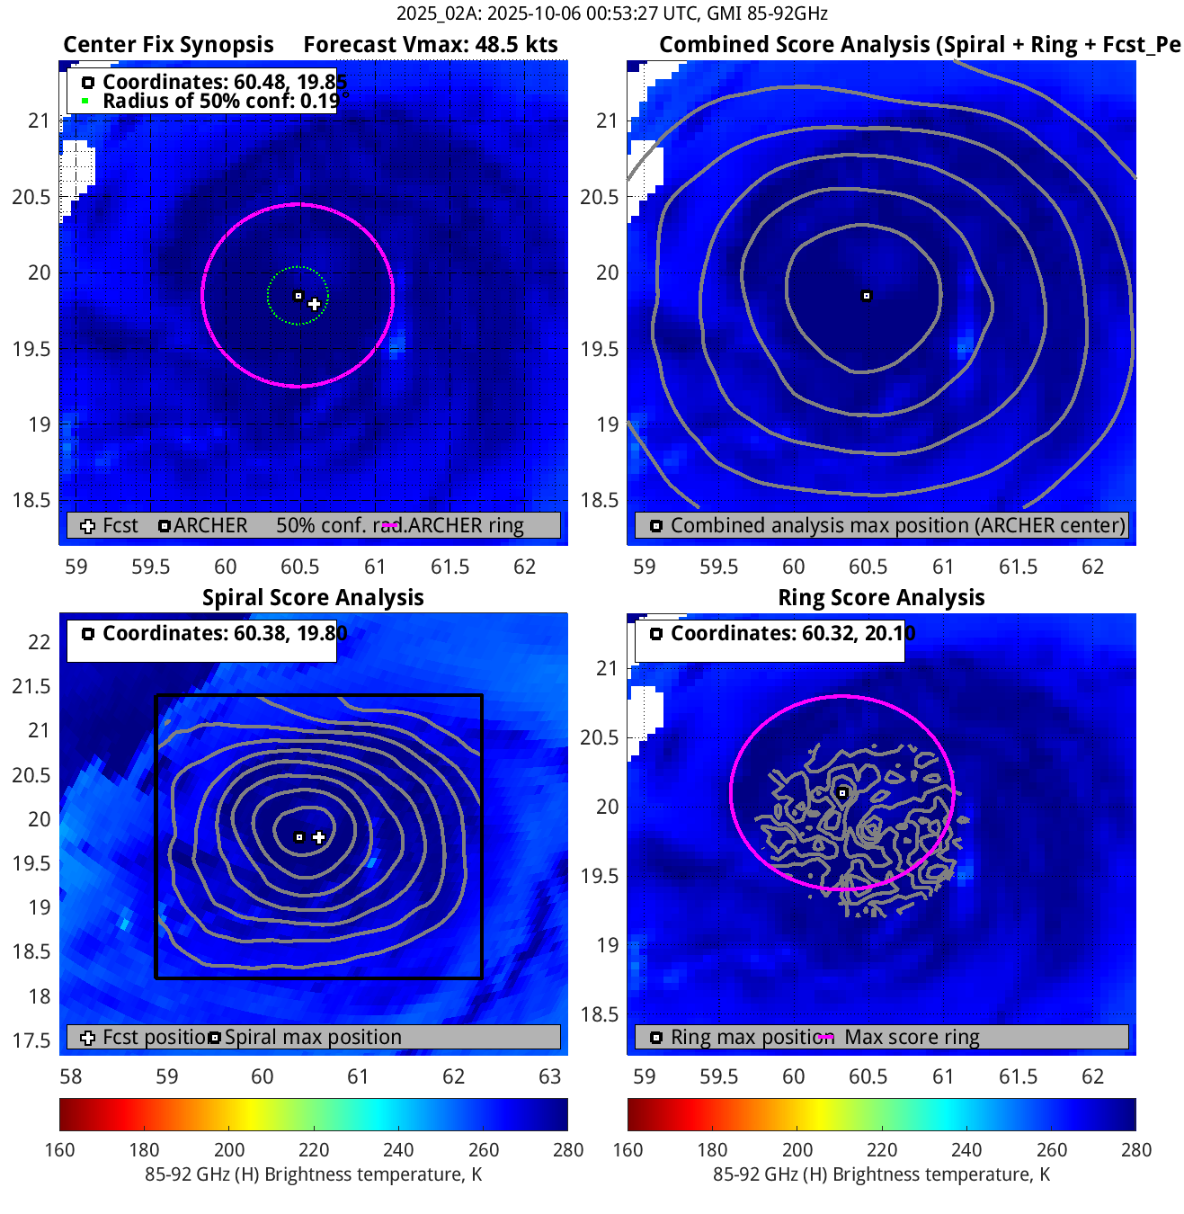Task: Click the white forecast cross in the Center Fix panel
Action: (x=314, y=304)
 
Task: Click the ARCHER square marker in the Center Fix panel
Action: (x=298, y=296)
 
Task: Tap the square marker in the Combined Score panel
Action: (x=867, y=296)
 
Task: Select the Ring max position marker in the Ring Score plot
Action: (x=842, y=793)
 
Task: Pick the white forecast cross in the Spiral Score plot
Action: (x=318, y=837)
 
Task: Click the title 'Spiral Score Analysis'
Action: (x=313, y=598)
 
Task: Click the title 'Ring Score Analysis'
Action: (x=881, y=598)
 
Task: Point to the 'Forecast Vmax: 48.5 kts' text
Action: (x=430, y=45)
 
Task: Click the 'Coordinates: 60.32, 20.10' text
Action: (x=792, y=633)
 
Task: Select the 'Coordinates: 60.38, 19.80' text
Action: (x=224, y=633)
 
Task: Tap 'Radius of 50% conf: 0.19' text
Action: (x=219, y=101)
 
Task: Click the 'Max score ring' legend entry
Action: (x=911, y=1037)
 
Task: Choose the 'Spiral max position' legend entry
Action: (x=312, y=1037)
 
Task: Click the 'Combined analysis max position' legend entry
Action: (x=896, y=525)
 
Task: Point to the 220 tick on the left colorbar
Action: (x=314, y=1149)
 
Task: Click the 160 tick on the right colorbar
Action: (x=628, y=1149)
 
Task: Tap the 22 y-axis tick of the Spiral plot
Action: (x=39, y=642)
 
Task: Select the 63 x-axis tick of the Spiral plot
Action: (x=549, y=1076)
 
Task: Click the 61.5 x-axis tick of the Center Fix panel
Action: (x=450, y=567)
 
